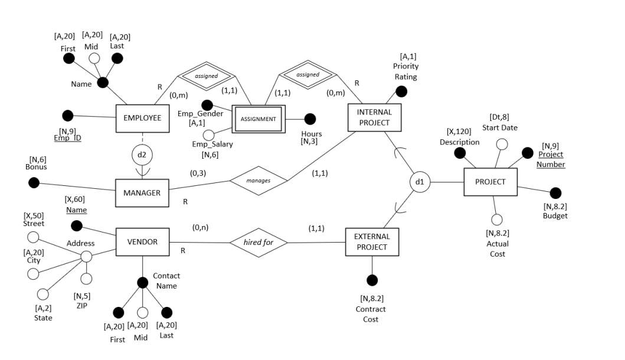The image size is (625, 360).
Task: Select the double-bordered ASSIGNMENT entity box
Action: (258, 119)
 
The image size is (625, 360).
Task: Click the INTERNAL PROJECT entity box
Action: (374, 117)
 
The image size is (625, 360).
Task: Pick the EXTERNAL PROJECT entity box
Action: (371, 242)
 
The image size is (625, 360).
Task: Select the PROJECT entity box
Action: (490, 182)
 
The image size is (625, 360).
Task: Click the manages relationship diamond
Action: (259, 181)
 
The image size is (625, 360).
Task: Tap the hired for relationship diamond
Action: (258, 242)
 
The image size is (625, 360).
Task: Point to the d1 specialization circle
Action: (420, 182)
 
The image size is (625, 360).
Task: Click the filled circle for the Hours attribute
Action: (310, 119)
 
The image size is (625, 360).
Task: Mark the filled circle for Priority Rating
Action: (401, 91)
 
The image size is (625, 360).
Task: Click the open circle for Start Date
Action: (502, 143)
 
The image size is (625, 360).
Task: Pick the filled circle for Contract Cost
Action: (371, 280)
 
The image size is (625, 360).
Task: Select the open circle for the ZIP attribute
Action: (86, 278)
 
